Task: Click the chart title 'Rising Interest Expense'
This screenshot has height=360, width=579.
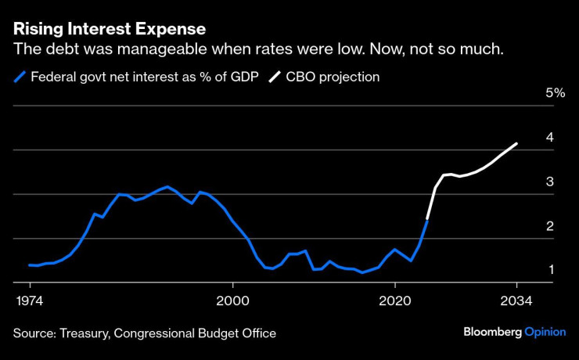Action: [x=109, y=29]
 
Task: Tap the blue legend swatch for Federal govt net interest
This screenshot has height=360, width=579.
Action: [x=19, y=77]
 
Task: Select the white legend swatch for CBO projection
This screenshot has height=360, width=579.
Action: [x=275, y=77]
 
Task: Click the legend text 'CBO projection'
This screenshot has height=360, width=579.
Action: [x=334, y=77]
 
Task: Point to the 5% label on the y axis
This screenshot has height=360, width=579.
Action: [x=555, y=93]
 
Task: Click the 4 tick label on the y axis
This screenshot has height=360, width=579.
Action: [x=550, y=137]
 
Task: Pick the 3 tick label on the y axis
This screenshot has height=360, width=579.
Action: [x=550, y=182]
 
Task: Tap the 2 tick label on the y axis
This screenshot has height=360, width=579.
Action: [x=550, y=226]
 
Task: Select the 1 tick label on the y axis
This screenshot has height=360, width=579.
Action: [x=550, y=270]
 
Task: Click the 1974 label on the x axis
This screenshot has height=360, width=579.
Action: [x=30, y=301]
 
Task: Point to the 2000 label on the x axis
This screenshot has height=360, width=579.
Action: [x=232, y=301]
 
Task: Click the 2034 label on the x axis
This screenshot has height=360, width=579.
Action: [x=516, y=301]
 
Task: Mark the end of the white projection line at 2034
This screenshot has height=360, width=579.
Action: [x=517, y=143]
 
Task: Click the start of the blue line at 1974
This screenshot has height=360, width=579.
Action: [x=29, y=265]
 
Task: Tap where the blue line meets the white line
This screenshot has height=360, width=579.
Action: [x=427, y=220]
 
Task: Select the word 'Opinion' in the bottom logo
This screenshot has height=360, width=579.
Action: [x=545, y=332]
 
